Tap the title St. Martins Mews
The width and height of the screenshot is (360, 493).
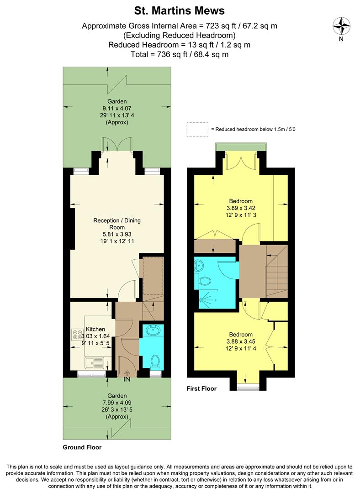tap(180, 10)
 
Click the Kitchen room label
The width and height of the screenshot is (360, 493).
tap(95, 329)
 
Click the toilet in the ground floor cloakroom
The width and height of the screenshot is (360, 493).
tap(154, 361)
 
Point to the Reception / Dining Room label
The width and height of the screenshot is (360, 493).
tap(117, 224)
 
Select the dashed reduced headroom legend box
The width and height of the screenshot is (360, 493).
tap(197, 129)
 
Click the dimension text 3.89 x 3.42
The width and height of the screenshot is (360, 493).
tap(241, 208)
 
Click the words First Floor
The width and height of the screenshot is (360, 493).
tap(201, 389)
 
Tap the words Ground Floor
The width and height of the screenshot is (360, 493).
tap(82, 447)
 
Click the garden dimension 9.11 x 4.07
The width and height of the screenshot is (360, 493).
tap(117, 109)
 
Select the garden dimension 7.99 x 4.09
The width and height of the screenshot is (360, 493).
tap(116, 403)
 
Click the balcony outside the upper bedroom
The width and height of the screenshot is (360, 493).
tap(240, 146)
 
